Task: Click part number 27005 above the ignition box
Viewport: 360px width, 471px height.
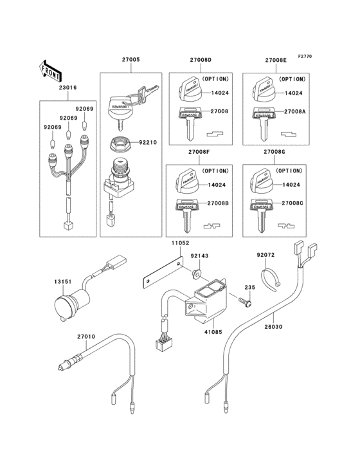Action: (130, 59)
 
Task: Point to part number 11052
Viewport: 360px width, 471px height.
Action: (179, 245)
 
